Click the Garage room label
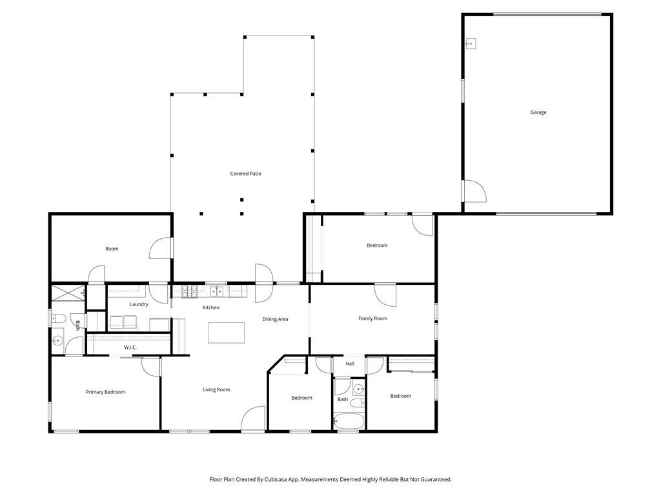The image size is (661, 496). point(538,112)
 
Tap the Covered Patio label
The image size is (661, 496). point(245,173)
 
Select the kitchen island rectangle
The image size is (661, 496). point(226,333)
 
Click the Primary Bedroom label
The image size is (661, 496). point(105,392)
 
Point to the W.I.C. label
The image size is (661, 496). point(130,347)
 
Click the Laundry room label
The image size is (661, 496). point(139,305)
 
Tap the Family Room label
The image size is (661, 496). point(372,318)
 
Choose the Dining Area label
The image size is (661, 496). point(275,319)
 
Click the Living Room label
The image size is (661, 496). point(216,389)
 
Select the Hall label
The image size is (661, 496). point(350,364)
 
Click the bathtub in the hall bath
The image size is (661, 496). point(348,420)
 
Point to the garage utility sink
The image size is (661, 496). point(471,43)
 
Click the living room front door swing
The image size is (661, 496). point(253,418)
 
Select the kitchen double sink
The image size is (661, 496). point(217,291)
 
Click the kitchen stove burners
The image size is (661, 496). point(190,292)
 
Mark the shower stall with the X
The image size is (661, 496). point(67,293)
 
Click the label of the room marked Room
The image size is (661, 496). point(112,249)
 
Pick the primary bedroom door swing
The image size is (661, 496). point(150,367)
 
